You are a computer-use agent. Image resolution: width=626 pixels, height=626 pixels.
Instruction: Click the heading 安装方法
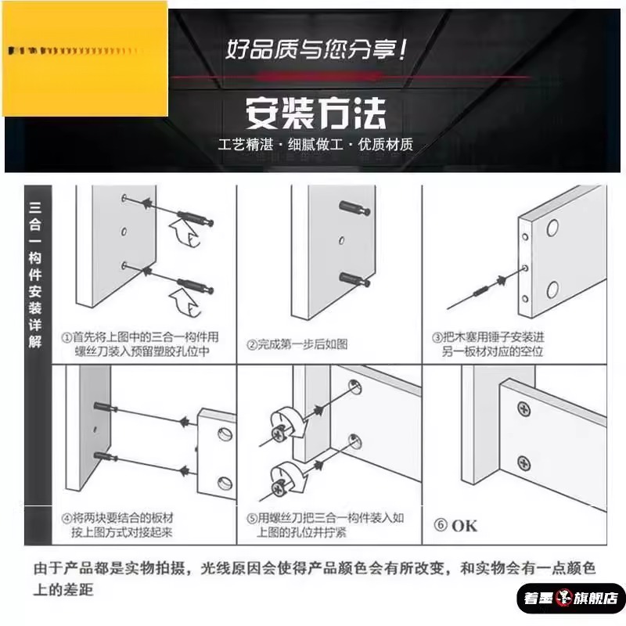316,113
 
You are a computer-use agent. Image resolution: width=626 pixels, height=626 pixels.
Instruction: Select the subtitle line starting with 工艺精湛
316,146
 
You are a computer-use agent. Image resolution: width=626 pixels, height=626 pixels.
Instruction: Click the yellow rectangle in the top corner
85,59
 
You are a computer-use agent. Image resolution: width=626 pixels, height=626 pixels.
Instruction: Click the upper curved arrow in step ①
182,233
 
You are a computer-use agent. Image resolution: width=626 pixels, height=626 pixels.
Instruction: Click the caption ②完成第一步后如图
297,344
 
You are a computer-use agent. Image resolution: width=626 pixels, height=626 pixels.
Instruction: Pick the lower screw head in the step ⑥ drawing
524,463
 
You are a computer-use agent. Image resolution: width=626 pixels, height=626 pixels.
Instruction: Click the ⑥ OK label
455,525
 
